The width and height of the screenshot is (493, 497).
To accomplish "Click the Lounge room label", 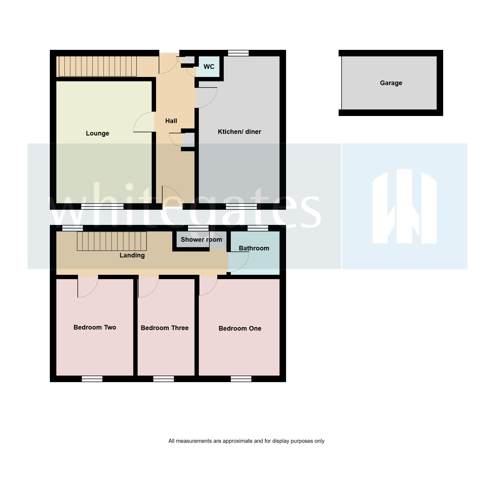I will (x=97, y=133).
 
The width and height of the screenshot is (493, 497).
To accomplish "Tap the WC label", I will (x=209, y=67).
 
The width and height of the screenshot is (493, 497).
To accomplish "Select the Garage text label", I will (x=391, y=83).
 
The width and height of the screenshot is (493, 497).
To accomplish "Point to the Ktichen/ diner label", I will (x=239, y=132).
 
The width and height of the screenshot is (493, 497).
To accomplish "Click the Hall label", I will (x=171, y=121).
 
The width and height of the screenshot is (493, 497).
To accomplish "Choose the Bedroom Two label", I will (x=95, y=327).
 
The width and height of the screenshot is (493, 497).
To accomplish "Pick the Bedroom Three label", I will (x=165, y=328).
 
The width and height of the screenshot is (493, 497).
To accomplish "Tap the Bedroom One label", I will (x=240, y=328).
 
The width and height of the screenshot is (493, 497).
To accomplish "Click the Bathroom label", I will (x=254, y=248).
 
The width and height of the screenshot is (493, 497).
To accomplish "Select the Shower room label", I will (x=201, y=240).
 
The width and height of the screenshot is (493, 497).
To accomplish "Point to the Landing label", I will (x=132, y=255).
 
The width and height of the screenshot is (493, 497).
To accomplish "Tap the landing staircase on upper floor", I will (x=112, y=241).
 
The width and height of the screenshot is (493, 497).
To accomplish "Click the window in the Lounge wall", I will (x=102, y=206).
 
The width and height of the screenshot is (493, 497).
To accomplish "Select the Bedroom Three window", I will (x=164, y=379).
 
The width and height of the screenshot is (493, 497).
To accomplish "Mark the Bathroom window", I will (x=258, y=228).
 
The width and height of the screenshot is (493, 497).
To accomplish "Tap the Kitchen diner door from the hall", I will (x=206, y=98).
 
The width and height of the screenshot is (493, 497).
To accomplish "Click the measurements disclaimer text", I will (x=246, y=441).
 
